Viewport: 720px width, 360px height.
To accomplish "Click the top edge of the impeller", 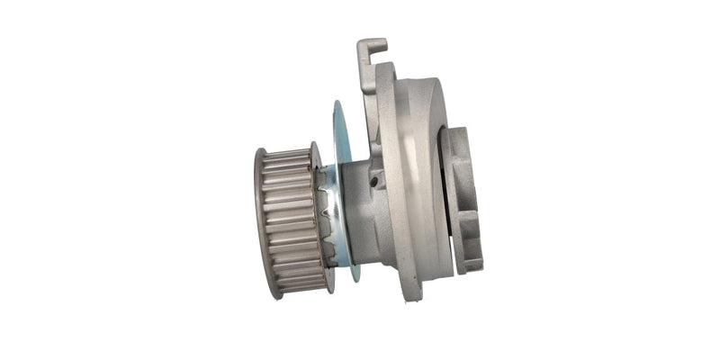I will (456, 130).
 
